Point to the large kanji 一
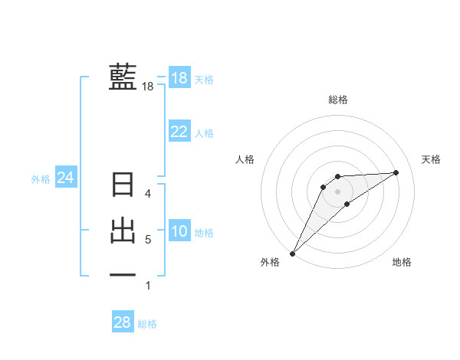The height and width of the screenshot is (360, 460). pyautogui.click(x=123, y=274)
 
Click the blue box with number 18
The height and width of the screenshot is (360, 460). pyautogui.click(x=179, y=78)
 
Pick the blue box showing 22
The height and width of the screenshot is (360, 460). pyautogui.click(x=179, y=132)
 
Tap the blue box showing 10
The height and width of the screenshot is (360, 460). pyautogui.click(x=179, y=231)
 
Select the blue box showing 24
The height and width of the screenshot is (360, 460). pyautogui.click(x=66, y=178)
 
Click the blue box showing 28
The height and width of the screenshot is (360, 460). pyautogui.click(x=123, y=322)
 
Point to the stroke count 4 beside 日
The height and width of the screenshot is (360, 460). pyautogui.click(x=149, y=194)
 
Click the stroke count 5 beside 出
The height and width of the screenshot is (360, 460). pyautogui.click(x=148, y=240)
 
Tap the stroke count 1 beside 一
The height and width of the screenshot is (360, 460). pyautogui.click(x=148, y=286)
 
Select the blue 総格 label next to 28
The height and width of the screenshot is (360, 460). pyautogui.click(x=147, y=324)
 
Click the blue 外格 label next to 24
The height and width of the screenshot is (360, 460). pyautogui.click(x=41, y=179)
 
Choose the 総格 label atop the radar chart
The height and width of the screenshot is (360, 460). pyautogui.click(x=337, y=100)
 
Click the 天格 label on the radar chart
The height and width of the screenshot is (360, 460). pyautogui.click(x=432, y=159)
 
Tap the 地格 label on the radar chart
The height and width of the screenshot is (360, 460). pyautogui.click(x=402, y=262)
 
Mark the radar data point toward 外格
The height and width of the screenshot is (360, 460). pyautogui.click(x=292, y=253)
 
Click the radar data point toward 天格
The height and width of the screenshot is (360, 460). pyautogui.click(x=396, y=172)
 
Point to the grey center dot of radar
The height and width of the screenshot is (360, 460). pyautogui.click(x=337, y=191)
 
